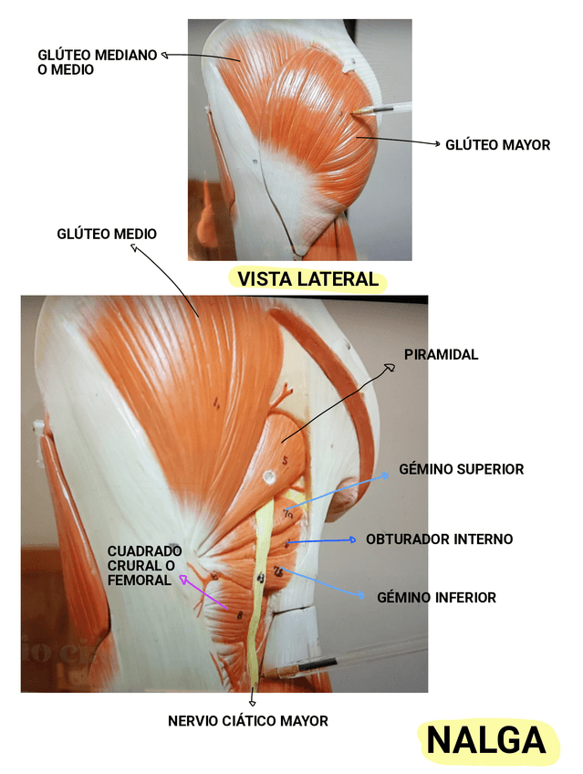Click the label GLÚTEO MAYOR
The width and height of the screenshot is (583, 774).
(x=497, y=145)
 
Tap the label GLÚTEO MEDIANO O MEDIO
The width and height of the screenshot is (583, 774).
(x=97, y=61)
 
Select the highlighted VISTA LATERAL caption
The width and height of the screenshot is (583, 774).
(x=307, y=279)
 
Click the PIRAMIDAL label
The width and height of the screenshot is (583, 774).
(x=441, y=354)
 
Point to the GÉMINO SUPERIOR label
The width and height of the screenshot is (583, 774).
(x=461, y=469)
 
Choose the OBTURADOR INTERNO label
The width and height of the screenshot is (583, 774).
(x=439, y=539)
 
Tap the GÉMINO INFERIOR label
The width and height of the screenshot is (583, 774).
(x=436, y=598)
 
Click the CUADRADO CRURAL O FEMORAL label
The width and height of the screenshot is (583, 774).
(x=144, y=566)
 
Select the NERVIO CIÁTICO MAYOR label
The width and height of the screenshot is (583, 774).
(x=247, y=721)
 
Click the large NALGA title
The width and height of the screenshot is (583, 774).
(x=486, y=740)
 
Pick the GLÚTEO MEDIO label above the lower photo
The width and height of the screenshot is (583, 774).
(x=107, y=235)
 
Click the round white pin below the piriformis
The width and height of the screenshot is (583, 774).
(x=269, y=476)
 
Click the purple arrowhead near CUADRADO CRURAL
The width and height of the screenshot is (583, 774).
(x=182, y=578)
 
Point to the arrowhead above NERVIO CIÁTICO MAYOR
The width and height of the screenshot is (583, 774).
(x=251, y=704)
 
